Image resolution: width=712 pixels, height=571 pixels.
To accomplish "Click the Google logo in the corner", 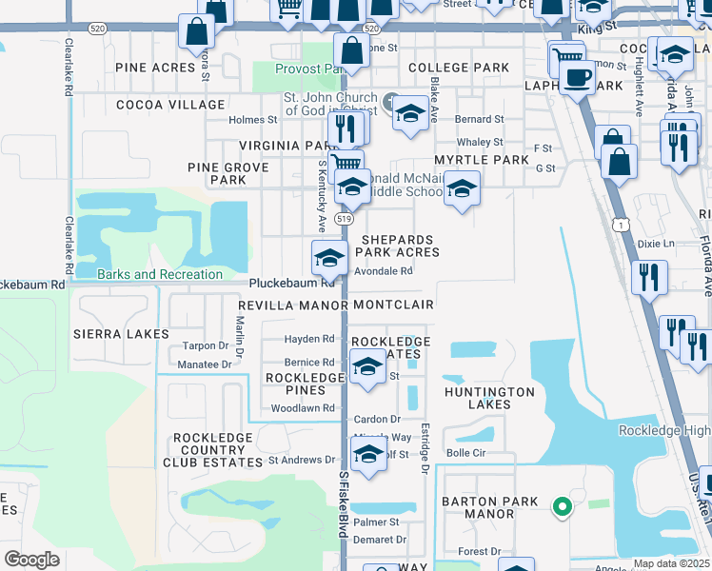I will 32,559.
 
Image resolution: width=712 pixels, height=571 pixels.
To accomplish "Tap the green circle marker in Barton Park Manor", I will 562,507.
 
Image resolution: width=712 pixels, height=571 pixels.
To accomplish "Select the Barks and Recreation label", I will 160,275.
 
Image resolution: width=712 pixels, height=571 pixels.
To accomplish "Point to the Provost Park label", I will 308,69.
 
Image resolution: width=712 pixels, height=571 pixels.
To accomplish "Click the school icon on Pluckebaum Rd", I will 329,257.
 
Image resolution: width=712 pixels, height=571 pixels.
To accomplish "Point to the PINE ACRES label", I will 155,68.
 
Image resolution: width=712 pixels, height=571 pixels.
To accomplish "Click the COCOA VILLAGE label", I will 170,105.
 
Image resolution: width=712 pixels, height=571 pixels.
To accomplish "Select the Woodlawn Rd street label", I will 303,408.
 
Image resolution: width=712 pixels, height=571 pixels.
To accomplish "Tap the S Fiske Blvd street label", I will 342,504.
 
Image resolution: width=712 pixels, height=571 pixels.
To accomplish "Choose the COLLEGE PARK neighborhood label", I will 459,68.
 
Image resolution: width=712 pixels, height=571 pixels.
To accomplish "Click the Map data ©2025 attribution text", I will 671,563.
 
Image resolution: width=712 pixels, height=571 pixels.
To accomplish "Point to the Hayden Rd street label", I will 309,339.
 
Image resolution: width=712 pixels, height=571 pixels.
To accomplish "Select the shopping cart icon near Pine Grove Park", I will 346,163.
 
